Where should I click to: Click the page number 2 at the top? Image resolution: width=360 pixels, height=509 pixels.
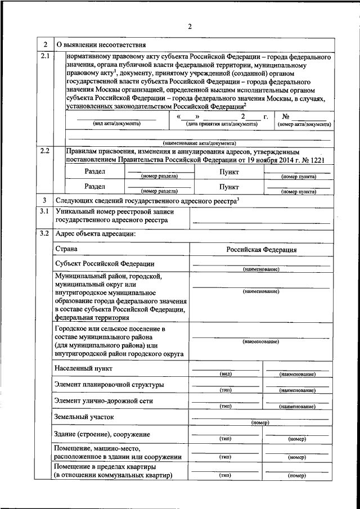click(190, 26)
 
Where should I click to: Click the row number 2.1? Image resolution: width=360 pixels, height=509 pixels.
click(45, 56)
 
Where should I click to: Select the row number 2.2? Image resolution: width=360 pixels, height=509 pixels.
click(45, 151)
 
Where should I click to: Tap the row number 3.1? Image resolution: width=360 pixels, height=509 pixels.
click(45, 211)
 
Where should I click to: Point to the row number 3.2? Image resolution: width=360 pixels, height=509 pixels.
click(45, 233)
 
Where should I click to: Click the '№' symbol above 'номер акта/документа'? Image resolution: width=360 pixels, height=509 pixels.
click(285, 116)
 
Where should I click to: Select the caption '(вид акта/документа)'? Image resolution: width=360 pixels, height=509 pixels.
click(117, 123)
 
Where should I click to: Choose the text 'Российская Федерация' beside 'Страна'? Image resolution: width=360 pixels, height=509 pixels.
click(262, 249)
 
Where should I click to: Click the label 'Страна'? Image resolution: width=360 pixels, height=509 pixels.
click(66, 249)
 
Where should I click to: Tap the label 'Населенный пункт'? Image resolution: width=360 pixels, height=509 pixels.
click(83, 368)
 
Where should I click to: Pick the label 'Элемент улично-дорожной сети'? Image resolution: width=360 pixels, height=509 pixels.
click(103, 400)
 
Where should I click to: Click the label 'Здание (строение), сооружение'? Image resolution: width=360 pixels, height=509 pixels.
click(102, 434)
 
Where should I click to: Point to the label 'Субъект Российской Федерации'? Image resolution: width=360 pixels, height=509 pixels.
click(104, 263)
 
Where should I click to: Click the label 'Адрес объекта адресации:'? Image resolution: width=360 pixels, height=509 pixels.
click(94, 233)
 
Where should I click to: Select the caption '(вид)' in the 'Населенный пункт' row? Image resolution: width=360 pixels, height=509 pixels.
click(225, 374)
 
